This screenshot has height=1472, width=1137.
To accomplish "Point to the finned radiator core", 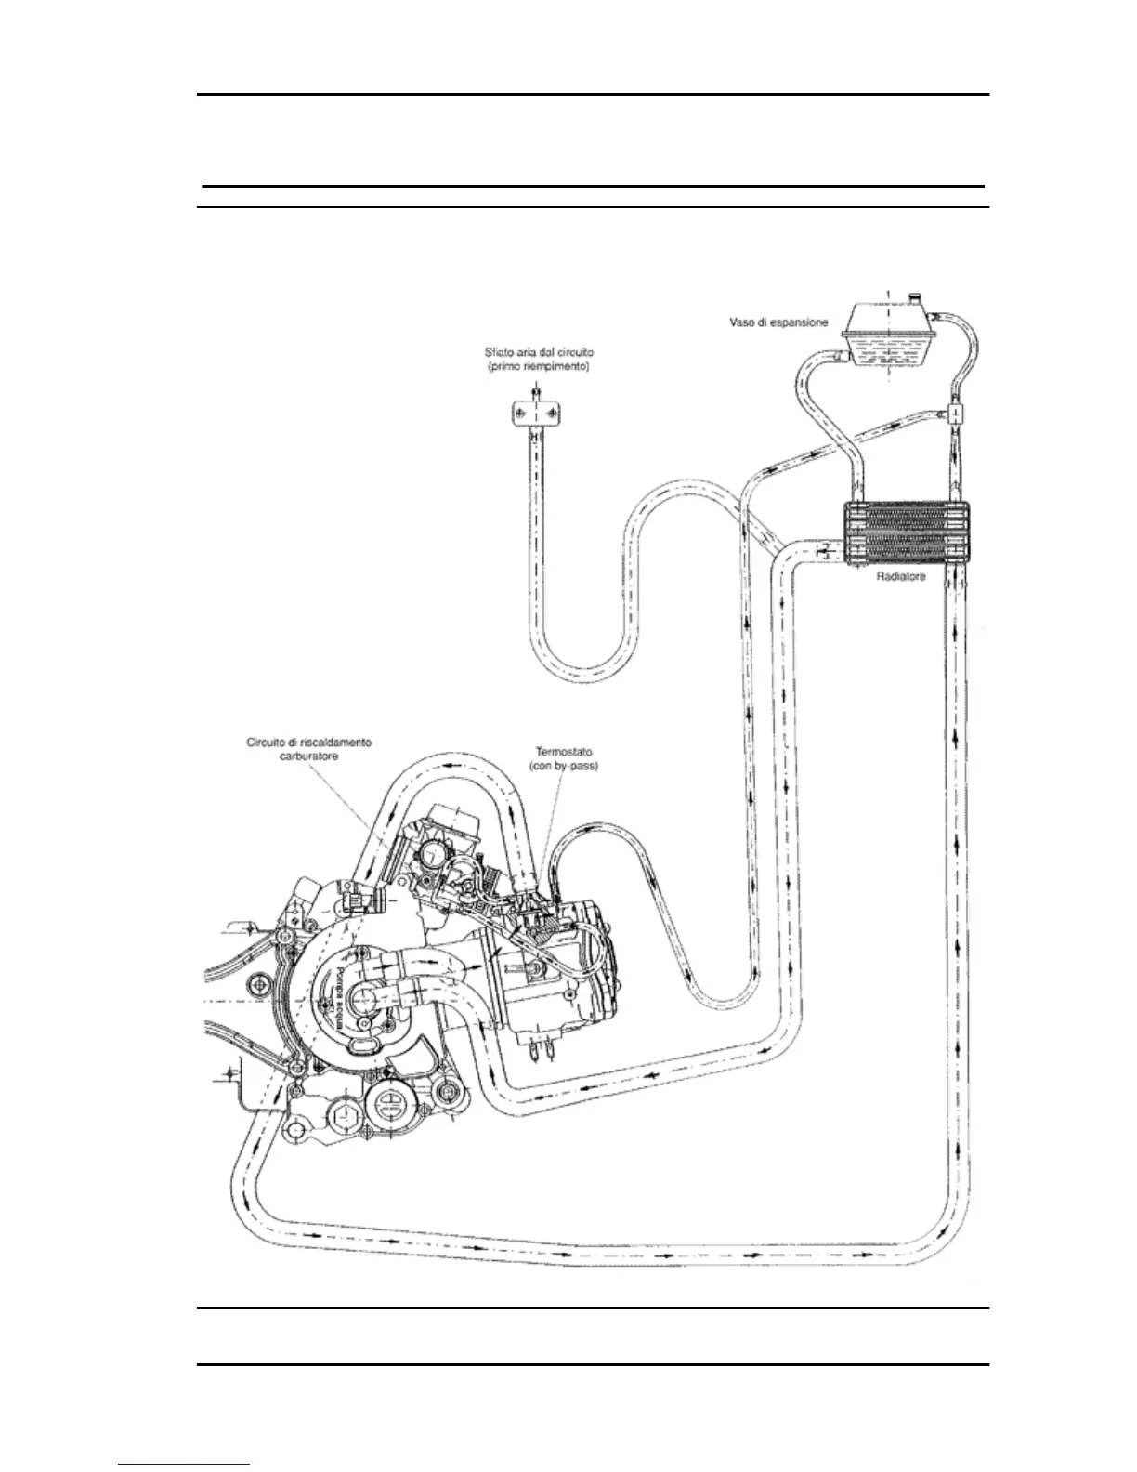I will coord(906,533).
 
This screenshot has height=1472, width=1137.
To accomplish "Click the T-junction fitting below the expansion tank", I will coord(954,412).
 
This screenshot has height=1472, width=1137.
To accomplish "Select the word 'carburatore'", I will coord(309,757).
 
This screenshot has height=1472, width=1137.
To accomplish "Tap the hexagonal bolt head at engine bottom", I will coord(342,1112).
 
